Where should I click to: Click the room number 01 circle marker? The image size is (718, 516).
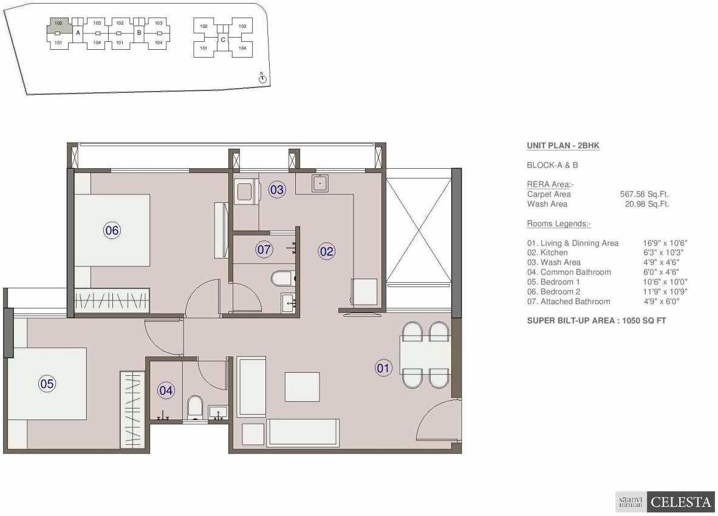[384, 368]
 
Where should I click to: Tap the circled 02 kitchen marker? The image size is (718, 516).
[327, 251]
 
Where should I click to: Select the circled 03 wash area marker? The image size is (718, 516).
[277, 190]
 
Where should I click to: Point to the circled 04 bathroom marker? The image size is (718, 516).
[166, 391]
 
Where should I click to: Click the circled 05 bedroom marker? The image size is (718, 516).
[47, 384]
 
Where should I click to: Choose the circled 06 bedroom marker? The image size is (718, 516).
[112, 230]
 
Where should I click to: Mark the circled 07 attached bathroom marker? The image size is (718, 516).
[264, 250]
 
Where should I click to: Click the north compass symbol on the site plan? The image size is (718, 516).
[262, 78]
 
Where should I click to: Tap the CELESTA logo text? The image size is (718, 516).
[680, 502]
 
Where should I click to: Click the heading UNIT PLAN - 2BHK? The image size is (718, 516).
[563, 146]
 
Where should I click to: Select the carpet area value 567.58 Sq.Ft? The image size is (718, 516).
[644, 194]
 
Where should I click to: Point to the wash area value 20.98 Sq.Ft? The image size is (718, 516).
[646, 204]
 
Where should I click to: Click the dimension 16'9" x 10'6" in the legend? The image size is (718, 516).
[666, 243]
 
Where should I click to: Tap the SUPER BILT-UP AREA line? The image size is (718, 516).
[596, 321]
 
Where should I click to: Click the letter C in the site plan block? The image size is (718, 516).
[223, 40]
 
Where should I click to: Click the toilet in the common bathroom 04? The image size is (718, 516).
[196, 408]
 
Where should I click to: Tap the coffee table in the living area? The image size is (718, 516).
[302, 387]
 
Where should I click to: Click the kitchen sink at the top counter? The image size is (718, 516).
[320, 183]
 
